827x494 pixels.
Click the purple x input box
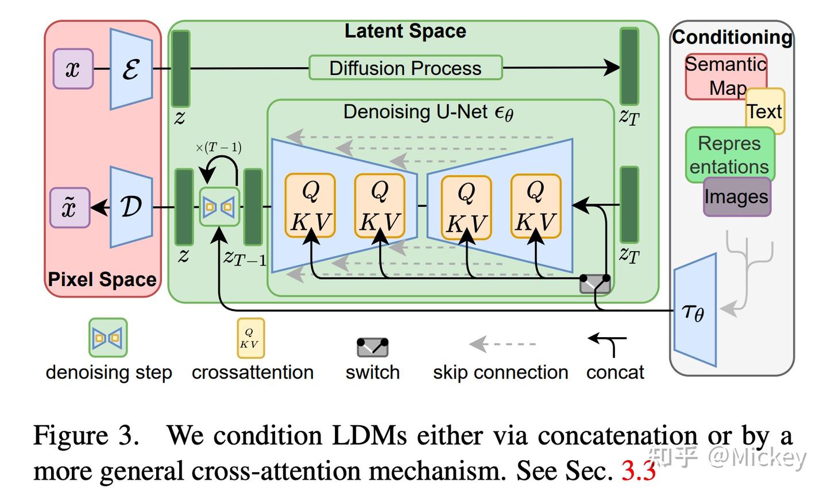[73, 69]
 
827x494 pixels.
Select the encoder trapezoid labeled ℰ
[132, 69]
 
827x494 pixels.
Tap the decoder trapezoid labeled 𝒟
[132, 207]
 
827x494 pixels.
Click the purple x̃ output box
[70, 207]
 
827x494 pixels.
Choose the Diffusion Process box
[405, 68]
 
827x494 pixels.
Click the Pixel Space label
[102, 279]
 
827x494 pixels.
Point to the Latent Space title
[405, 31]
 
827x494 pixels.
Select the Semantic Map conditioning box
[726, 76]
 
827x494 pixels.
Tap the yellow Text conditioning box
[766, 111]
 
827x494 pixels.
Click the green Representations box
[730, 155]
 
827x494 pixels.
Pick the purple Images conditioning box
[737, 196]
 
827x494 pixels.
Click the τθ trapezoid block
[695, 310]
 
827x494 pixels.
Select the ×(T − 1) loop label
[219, 147]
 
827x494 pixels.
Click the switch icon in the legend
[373, 347]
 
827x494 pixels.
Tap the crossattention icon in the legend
[250, 338]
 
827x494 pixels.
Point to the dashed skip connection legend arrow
[502, 344]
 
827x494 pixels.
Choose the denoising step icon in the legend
[108, 337]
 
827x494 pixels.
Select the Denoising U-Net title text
[428, 112]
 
